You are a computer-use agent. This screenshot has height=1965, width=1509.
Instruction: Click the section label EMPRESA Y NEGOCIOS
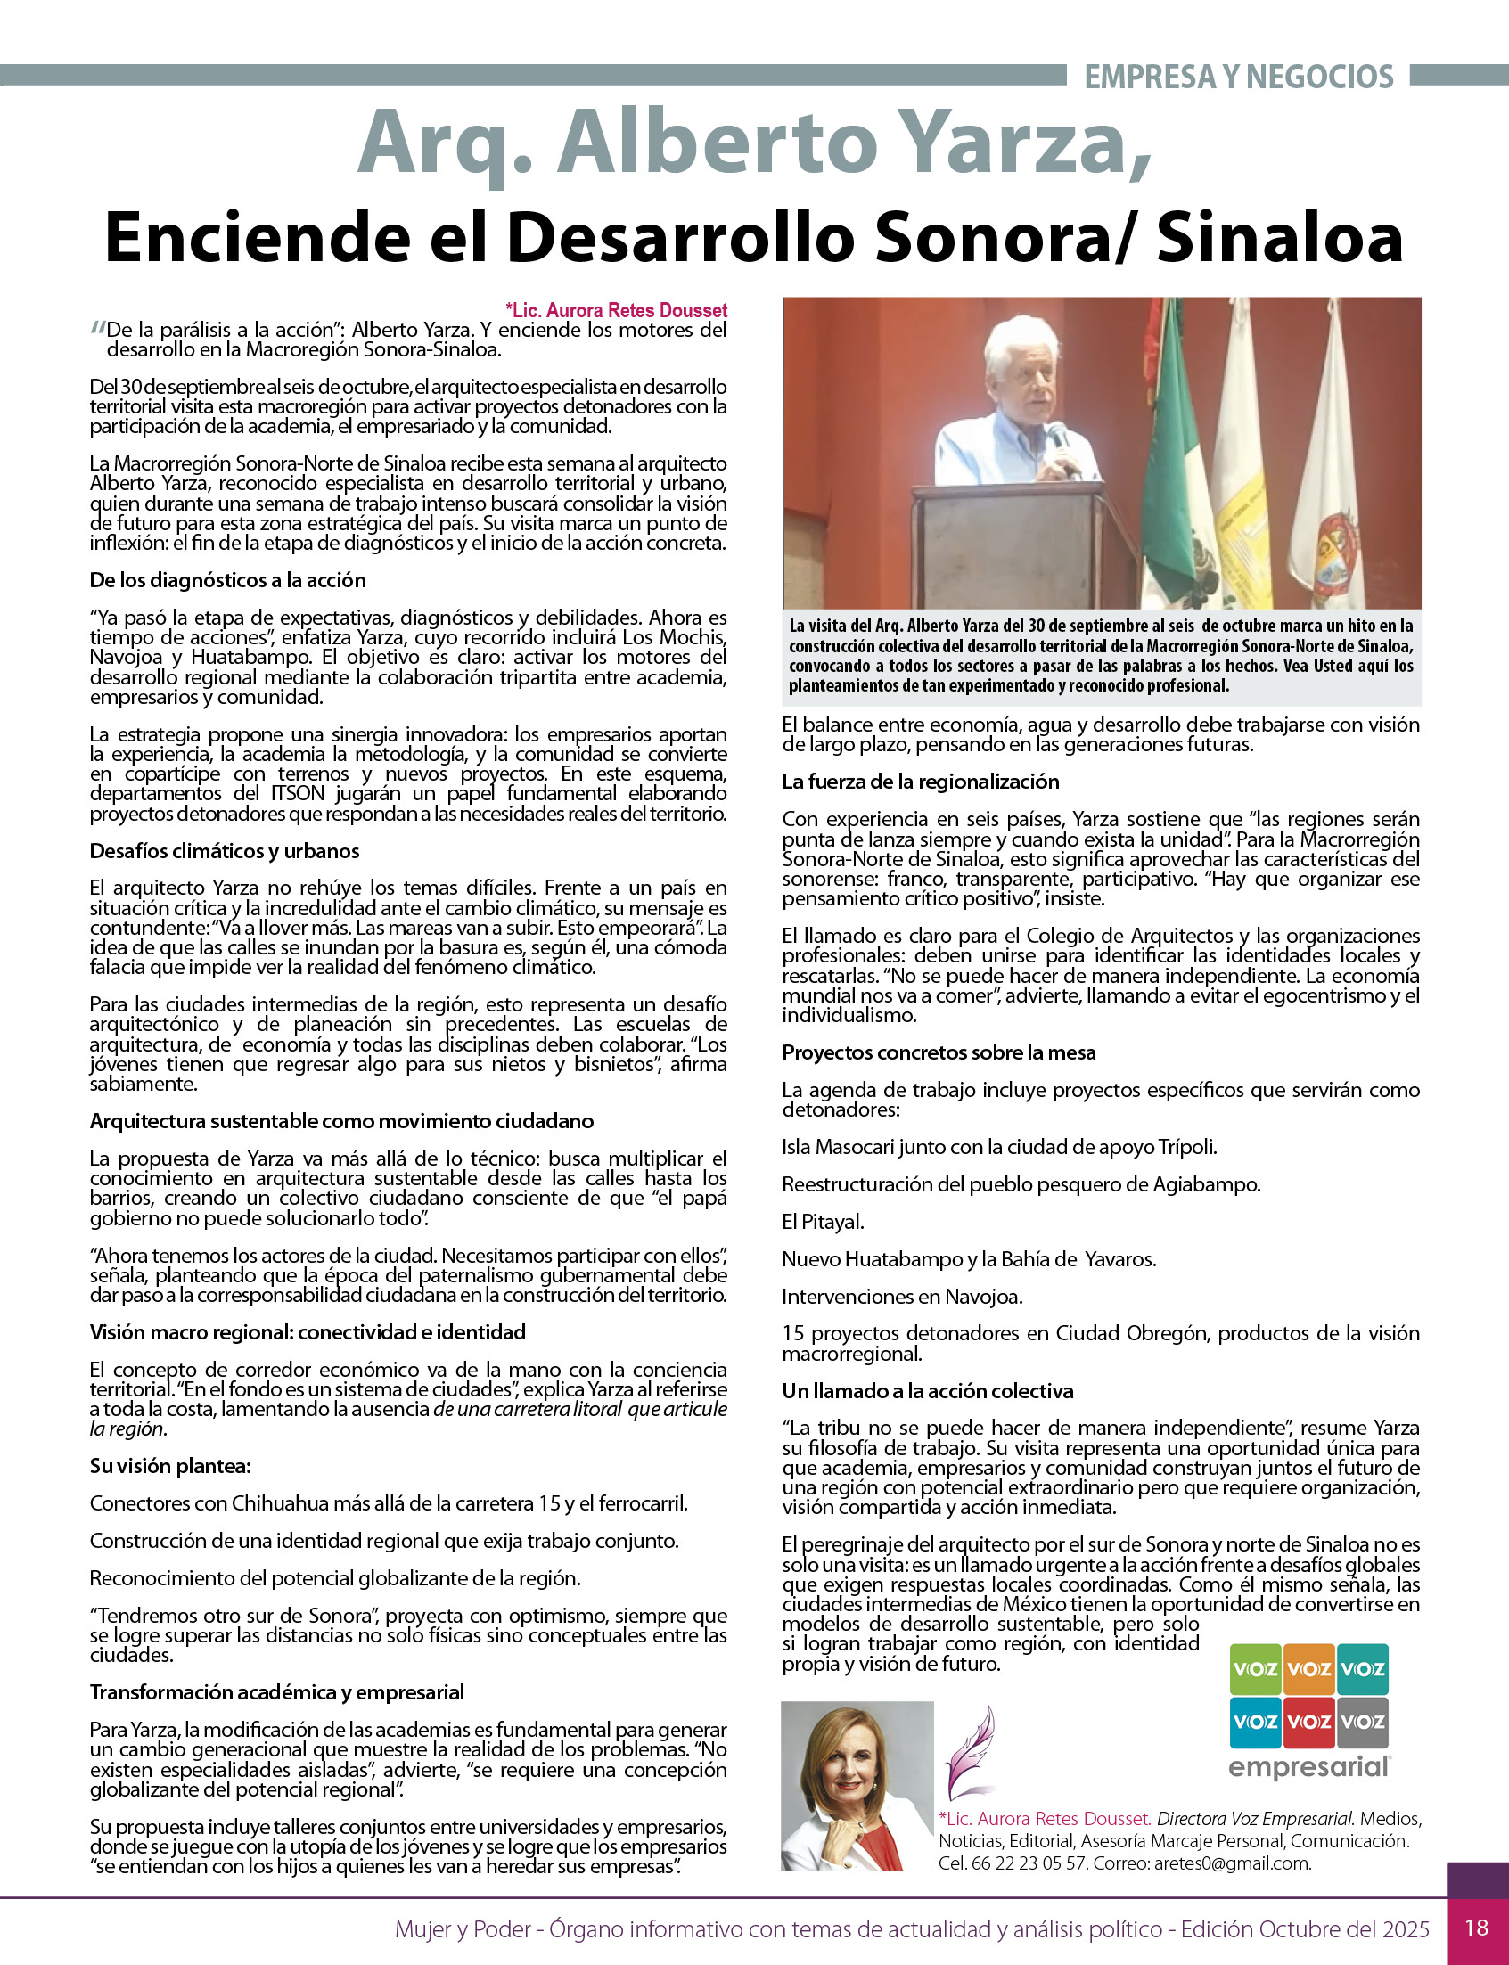tap(1239, 78)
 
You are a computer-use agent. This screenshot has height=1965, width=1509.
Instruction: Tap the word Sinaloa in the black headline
tap(1279, 237)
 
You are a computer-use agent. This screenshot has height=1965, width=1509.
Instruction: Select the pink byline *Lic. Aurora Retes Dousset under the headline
tap(616, 311)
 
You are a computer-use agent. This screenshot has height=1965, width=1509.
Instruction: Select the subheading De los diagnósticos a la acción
tap(227, 580)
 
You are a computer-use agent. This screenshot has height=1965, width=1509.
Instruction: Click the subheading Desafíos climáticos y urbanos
tap(225, 850)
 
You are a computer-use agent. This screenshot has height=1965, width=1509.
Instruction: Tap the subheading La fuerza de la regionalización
tap(920, 782)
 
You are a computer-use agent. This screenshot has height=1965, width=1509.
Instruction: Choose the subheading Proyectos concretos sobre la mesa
tap(939, 1052)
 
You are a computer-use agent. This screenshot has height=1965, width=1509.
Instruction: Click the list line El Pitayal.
tap(823, 1222)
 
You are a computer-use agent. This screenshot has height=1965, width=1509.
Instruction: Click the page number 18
tap(1477, 1928)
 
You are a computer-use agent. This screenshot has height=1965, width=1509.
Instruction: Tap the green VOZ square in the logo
tap(1255, 1669)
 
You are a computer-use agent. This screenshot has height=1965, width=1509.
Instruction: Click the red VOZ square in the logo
tap(1308, 1722)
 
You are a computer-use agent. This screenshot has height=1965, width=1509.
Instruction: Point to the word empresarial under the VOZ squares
tap(1308, 1767)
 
